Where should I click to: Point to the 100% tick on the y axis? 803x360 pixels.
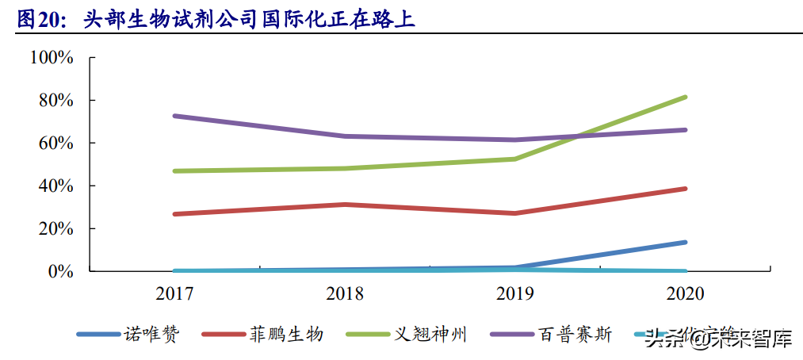[x=52, y=58]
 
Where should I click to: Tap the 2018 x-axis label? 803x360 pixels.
[x=345, y=294]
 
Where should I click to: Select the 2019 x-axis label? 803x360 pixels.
[x=515, y=294]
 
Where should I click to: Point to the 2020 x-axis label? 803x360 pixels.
[x=685, y=294]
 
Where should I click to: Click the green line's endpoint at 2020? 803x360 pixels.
[x=685, y=98]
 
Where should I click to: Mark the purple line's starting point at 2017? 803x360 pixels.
[x=174, y=116]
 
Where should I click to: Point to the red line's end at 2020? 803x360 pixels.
[x=685, y=189]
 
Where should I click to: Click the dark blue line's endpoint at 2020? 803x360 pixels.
[x=685, y=242]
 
